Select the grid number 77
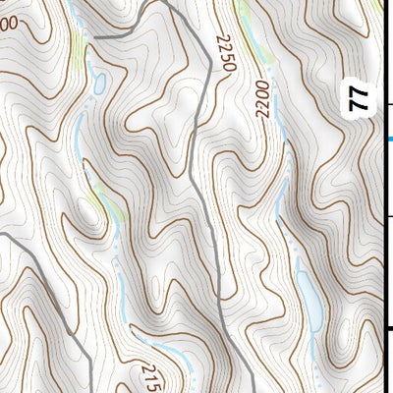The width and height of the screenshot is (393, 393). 361,97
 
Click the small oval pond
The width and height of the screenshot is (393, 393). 99,82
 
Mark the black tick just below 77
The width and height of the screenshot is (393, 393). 390,104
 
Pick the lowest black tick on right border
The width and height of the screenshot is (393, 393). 390,329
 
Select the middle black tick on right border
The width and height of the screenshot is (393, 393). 390,217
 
